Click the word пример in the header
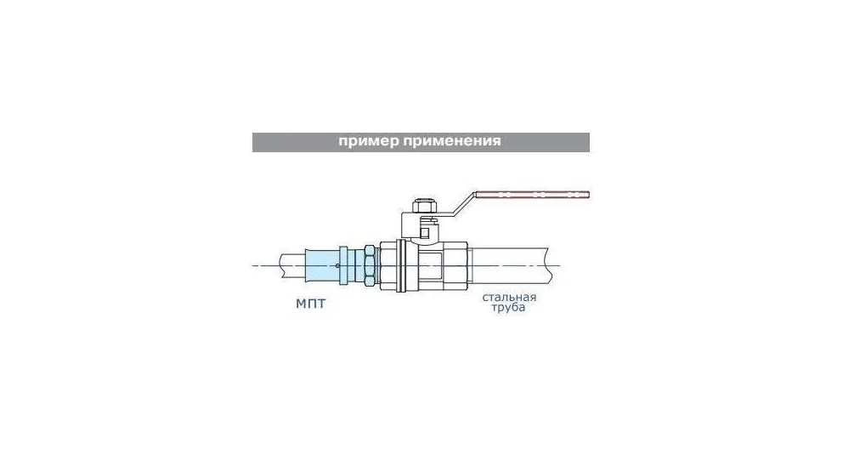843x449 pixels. pyautogui.click(x=368, y=141)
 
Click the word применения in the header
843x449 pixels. pyautogui.click(x=451, y=141)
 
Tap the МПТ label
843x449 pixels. pyautogui.click(x=310, y=304)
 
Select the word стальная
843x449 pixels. pyautogui.click(x=509, y=298)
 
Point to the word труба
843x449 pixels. pyautogui.click(x=508, y=308)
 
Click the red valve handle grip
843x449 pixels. pyautogui.click(x=531, y=195)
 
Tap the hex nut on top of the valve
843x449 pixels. pyautogui.click(x=424, y=207)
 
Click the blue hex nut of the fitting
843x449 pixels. pyautogui.click(x=370, y=265)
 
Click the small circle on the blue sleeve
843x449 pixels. pyautogui.click(x=337, y=265)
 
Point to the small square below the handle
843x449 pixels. pyautogui.click(x=425, y=233)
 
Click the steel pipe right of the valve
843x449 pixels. pyautogui.click(x=510, y=265)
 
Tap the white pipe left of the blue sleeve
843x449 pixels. pyautogui.click(x=292, y=265)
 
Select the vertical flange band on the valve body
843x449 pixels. pyautogui.click(x=400, y=265)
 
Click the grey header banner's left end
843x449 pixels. pyautogui.click(x=252, y=143)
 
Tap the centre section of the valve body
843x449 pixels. pyautogui.click(x=428, y=265)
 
